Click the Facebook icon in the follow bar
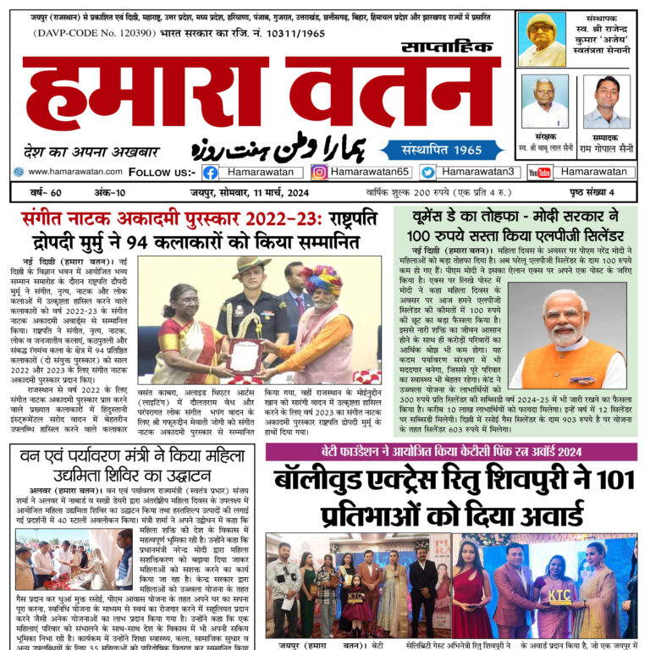click(211, 172)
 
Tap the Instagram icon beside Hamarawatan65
click(319, 172)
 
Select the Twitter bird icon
click(428, 172)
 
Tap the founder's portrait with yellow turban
click(542, 40)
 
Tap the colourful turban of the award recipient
click(326, 280)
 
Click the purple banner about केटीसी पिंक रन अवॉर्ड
click(451, 450)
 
